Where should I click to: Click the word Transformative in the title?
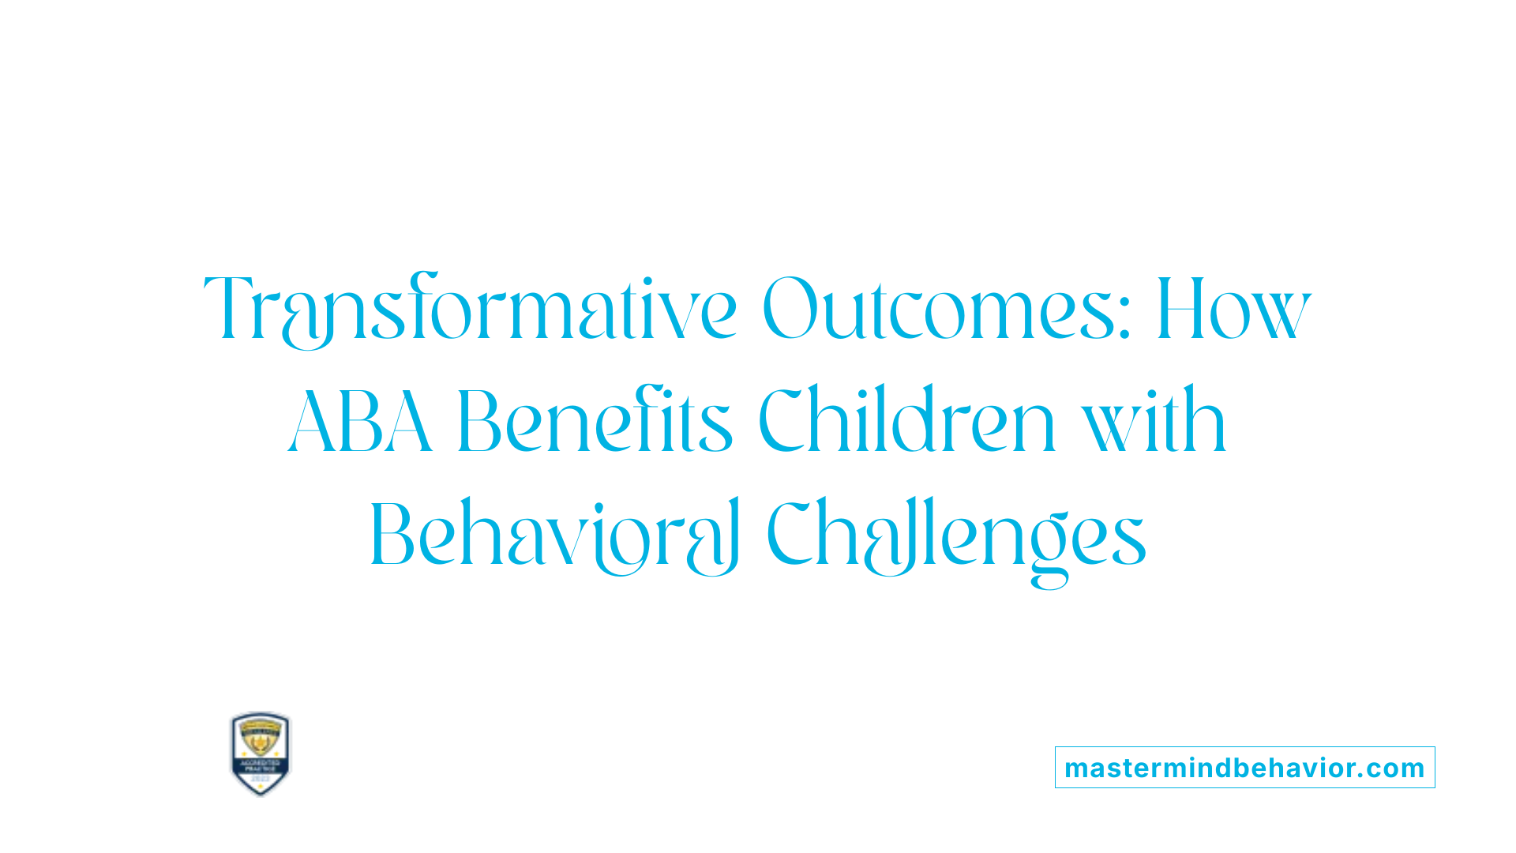(471, 309)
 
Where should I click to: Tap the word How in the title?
(1233, 309)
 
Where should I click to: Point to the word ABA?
(360, 422)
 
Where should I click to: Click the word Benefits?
(595, 422)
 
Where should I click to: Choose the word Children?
(907, 422)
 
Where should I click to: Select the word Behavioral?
(554, 535)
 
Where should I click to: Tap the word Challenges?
(955, 535)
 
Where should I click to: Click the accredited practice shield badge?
(260, 753)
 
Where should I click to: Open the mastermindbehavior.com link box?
(1244, 768)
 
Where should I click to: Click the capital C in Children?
(785, 422)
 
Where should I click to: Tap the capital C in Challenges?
(793, 535)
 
